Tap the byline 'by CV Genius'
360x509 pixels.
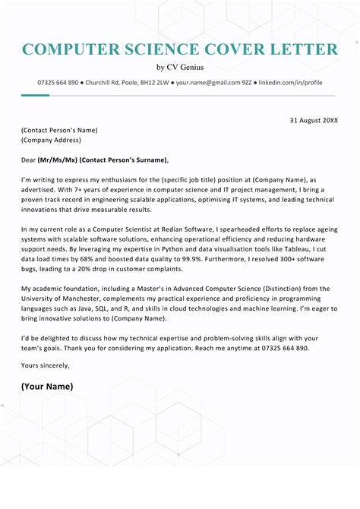pyautogui.click(x=180, y=68)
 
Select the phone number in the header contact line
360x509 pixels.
pyautogui.click(x=58, y=82)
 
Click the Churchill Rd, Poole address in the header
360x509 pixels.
pyautogui.click(x=128, y=82)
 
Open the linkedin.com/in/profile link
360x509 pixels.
pyautogui.click(x=292, y=82)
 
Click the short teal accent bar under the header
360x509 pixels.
pyautogui.click(x=35, y=95)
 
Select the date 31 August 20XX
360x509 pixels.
pyautogui.click(x=314, y=120)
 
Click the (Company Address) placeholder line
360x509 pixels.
pyautogui.click(x=51, y=140)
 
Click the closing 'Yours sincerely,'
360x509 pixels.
pyautogui.click(x=45, y=365)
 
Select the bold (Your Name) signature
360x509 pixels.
pyautogui.click(x=47, y=386)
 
